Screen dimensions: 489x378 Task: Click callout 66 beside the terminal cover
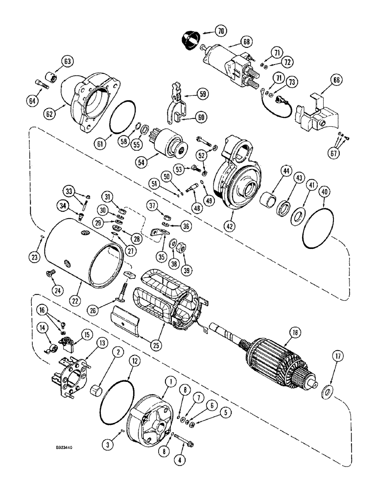(x=338, y=81)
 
